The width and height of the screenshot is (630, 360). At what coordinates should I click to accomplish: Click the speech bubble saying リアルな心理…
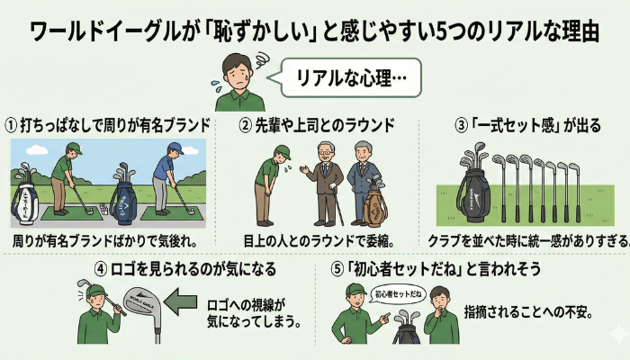tap(346, 78)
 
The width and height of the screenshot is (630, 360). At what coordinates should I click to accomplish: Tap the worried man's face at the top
tap(238, 71)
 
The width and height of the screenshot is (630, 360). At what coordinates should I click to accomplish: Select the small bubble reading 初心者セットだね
tap(398, 292)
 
